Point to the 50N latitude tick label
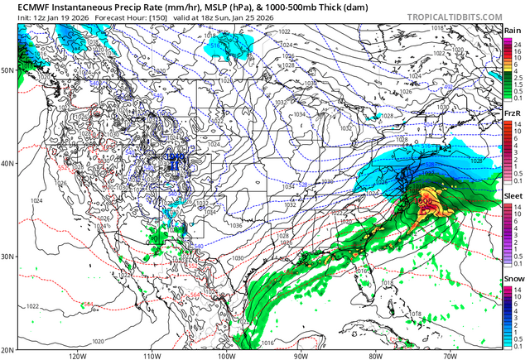tap(7, 70)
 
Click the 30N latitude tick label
tap(7, 257)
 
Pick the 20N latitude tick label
tap(7, 348)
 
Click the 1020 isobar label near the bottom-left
tap(99, 340)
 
